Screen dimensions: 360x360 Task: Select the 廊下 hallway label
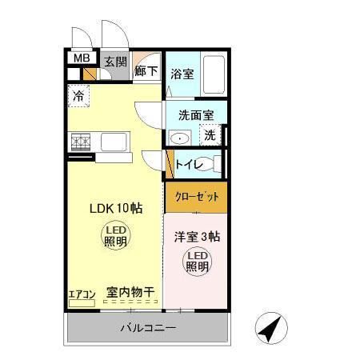146,70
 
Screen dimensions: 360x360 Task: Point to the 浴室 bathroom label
182,74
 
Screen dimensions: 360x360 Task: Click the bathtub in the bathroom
214,74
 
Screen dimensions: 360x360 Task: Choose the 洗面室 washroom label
195,114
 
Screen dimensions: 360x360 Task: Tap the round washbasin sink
181,138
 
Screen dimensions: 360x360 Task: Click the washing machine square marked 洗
209,135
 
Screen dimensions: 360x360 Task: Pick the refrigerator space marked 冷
78,96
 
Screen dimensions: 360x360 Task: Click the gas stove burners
81,143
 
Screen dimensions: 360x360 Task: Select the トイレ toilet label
189,166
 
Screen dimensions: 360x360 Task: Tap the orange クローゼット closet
196,197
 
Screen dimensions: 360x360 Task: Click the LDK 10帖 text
115,208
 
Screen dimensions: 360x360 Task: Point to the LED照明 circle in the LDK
114,235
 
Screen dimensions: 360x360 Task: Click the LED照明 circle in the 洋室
198,261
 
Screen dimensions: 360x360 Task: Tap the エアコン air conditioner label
82,294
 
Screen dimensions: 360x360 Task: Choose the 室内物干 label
130,294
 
